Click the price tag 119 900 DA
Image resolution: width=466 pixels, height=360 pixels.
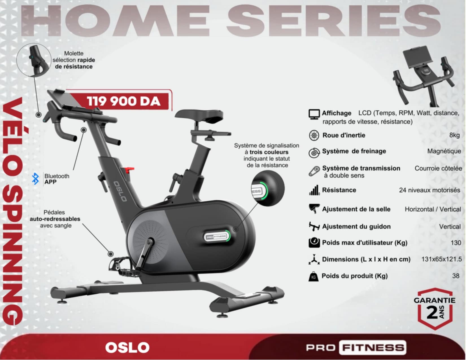(123, 101)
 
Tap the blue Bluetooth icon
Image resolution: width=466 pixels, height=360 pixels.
(35, 179)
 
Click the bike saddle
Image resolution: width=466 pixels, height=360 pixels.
(199, 115)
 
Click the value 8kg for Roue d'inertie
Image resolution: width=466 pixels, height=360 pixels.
(454, 135)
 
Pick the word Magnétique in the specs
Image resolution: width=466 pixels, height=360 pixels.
(444, 151)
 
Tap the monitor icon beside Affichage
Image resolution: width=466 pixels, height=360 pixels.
(314, 114)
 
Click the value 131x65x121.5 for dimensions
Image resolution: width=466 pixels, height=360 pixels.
(441, 259)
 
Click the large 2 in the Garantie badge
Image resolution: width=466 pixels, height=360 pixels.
(432, 312)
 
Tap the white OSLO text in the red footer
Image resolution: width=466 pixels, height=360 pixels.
(127, 348)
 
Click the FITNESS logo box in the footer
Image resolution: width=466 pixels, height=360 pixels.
(373, 348)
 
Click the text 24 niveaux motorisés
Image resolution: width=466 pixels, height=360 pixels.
(430, 190)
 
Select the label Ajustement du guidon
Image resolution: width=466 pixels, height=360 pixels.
(356, 227)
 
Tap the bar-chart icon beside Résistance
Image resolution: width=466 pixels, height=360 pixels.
(314, 190)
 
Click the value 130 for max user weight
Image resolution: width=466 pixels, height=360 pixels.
(456, 243)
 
